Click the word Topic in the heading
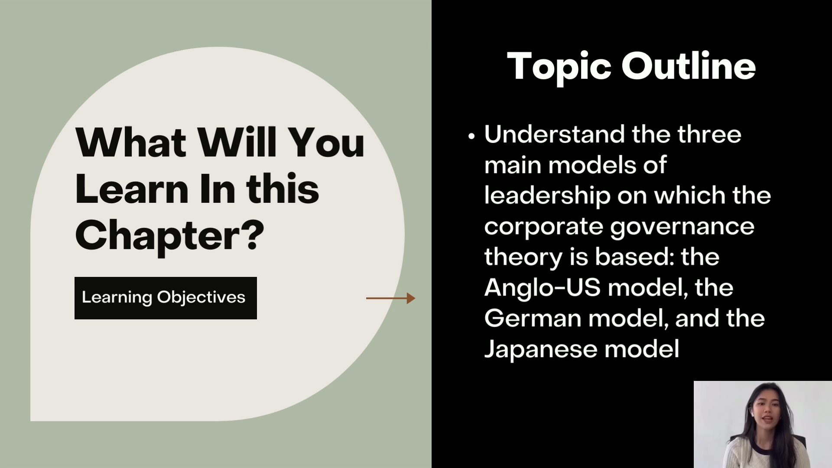pos(559,67)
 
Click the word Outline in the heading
pos(689,66)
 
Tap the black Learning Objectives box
pos(166,298)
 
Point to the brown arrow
pos(390,298)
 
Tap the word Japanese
pos(540,349)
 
